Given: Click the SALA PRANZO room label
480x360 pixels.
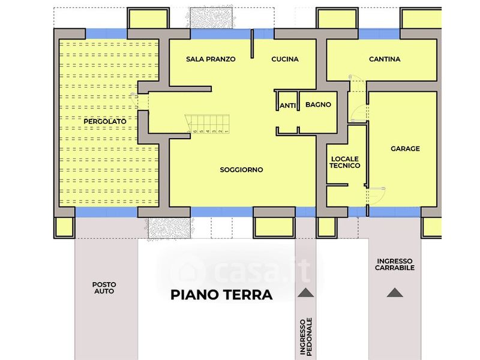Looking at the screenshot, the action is coord(211,59).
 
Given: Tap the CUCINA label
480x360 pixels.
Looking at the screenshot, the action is coord(284,59).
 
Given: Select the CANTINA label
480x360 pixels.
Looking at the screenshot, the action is coord(385,59).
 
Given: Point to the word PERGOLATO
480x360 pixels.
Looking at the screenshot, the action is coord(104,122).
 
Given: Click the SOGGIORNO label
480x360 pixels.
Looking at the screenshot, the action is coord(241,170).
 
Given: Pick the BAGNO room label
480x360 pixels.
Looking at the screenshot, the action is coord(318,104).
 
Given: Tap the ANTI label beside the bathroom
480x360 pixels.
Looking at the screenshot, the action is coord(288,106).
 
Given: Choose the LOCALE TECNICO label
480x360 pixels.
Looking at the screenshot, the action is coord(344,162).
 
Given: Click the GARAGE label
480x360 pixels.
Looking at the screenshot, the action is coord(405,149).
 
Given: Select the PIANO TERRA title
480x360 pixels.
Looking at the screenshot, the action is coord(221,295).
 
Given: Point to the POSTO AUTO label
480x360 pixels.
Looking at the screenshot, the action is coord(104,288).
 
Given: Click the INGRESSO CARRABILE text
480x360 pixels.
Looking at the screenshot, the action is coord(395,265).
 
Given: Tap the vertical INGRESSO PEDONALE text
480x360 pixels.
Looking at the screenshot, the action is coord(305,337).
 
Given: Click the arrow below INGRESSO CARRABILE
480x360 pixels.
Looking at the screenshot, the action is coord(395,293).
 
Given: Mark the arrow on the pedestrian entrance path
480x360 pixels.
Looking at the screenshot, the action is coord(305,293).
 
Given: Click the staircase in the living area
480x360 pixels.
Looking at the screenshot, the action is coord(207,124).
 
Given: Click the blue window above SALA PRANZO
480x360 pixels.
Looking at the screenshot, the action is coord(221,34).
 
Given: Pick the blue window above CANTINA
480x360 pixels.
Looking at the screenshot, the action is coord(379,34).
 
